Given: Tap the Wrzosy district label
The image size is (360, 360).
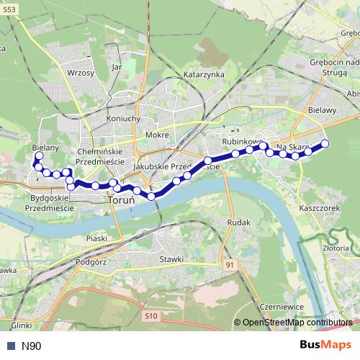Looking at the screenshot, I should pos(80,73).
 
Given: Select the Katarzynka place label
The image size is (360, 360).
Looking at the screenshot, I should pos(204,74).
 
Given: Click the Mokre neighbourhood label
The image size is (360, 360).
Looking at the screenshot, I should pos(156,135).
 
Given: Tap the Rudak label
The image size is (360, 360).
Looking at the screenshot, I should pos(238,222).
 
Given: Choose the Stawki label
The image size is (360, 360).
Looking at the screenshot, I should pos(172,259).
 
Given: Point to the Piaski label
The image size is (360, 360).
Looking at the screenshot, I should pos(96,238).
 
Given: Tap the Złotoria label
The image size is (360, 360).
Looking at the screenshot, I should pos(336,248).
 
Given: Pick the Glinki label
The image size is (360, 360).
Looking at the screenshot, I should pos(22,325).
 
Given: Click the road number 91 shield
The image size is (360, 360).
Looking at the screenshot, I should pos(229,266).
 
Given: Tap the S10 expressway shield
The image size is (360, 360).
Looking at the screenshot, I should pos(150,315).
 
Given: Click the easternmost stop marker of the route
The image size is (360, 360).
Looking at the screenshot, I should pos(325,143).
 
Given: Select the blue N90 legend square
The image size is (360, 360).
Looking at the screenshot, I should pos(10,346).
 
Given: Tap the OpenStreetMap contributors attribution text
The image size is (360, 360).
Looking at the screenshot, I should pos(297,323).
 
